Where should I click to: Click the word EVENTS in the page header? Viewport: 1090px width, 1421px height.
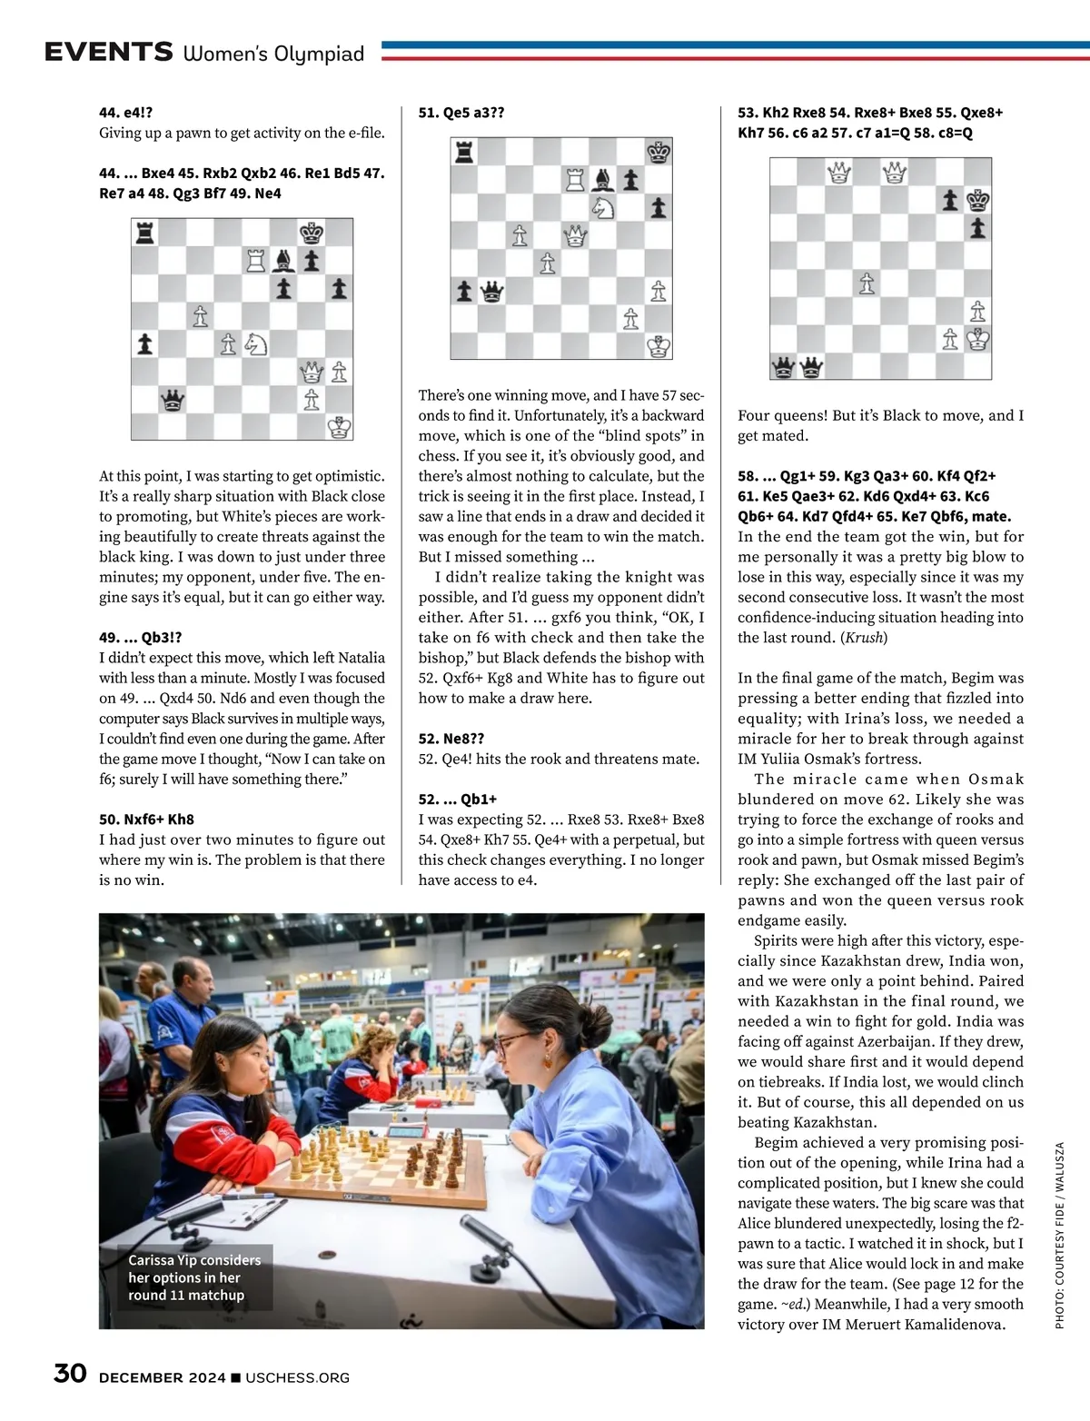click(x=108, y=52)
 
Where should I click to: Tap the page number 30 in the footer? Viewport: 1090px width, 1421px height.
click(x=70, y=1373)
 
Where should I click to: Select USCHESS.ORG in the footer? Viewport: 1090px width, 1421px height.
click(x=297, y=1377)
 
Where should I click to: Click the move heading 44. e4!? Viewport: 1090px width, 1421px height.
click(x=125, y=113)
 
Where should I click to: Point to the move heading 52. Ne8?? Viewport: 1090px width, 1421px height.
click(x=451, y=739)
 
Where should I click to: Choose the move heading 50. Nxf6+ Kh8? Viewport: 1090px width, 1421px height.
click(x=146, y=820)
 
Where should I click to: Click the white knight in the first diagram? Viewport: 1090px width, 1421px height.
click(x=256, y=344)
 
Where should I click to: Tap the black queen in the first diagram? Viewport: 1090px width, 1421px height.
click(x=173, y=400)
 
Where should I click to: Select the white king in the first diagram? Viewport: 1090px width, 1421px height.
click(x=340, y=427)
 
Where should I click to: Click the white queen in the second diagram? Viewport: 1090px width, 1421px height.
click(x=575, y=236)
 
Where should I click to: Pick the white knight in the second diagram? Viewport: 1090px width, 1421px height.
click(x=603, y=208)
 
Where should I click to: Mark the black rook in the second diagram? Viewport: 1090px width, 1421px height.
click(x=464, y=153)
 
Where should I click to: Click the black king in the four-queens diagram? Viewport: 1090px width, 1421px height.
click(x=977, y=200)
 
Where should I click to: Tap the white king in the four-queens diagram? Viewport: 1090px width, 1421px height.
click(x=977, y=339)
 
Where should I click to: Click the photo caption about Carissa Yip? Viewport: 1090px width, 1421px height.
click(x=194, y=1277)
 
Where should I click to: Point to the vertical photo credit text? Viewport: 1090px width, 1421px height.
click(x=1059, y=1236)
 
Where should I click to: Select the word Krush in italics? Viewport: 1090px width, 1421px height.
click(x=863, y=638)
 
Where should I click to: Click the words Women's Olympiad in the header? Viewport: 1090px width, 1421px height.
click(x=273, y=54)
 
